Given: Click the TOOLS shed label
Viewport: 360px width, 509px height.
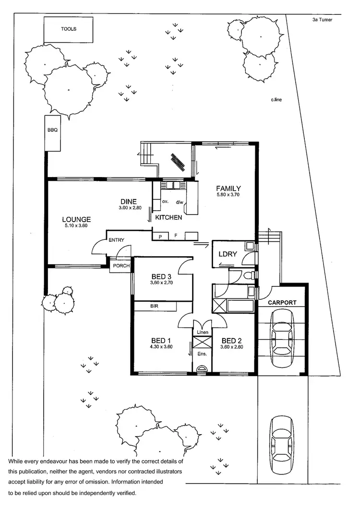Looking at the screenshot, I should [x=68, y=29].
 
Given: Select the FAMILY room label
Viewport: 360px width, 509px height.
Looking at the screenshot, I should [x=228, y=189].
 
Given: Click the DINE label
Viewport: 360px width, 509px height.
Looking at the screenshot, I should [x=129, y=201].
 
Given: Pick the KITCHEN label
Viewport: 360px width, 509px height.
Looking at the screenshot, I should [x=168, y=218].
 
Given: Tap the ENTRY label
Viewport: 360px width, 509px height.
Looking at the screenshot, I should [x=117, y=240].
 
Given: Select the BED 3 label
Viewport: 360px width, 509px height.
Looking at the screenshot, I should [x=161, y=276].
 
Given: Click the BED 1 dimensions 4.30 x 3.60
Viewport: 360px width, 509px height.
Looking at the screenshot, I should [x=161, y=347].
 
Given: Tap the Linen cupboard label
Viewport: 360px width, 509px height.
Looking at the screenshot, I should [x=202, y=332].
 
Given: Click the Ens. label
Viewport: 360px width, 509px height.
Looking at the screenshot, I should [x=202, y=354].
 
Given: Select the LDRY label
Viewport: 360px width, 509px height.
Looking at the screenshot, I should [x=228, y=254].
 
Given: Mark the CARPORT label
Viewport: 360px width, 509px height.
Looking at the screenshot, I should [x=282, y=303].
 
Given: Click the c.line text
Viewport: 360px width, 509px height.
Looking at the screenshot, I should [x=276, y=100].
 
